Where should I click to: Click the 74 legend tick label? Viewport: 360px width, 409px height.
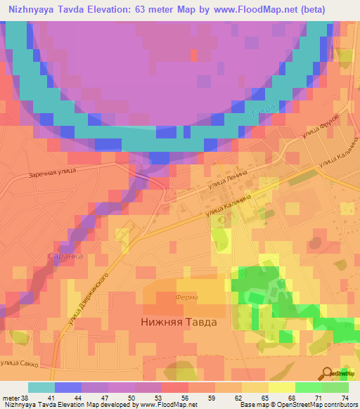345,398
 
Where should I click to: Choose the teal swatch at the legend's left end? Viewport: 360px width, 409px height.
41,387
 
